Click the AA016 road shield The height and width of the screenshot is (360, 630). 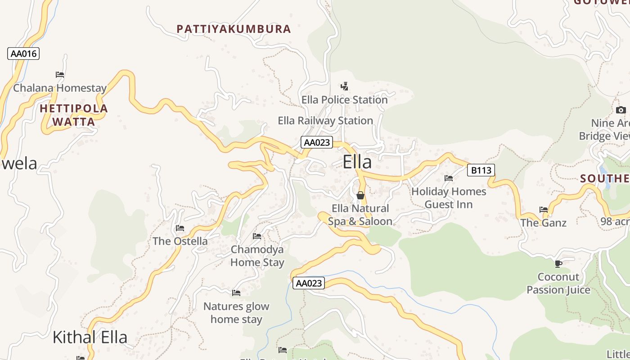(x=23, y=54)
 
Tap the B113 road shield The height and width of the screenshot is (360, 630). (x=481, y=170)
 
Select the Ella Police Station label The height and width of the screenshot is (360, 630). (x=344, y=99)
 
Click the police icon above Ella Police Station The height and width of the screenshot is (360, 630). (x=344, y=86)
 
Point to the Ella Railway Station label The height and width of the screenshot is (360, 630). (x=325, y=121)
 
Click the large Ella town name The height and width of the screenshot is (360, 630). (x=357, y=162)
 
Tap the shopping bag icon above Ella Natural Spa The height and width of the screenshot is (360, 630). (x=360, y=195)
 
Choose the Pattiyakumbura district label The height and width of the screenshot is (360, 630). (x=234, y=29)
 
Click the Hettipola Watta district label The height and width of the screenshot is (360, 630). (x=74, y=115)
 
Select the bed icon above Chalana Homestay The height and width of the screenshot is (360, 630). (x=60, y=75)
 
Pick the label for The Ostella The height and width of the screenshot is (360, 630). (x=180, y=241)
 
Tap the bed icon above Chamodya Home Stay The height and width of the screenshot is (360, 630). (x=257, y=236)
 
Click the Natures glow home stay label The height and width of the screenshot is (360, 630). (x=236, y=313)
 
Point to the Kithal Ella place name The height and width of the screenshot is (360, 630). (x=90, y=337)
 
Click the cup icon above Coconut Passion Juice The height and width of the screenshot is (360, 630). (x=558, y=264)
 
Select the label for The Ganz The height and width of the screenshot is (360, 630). (x=543, y=223)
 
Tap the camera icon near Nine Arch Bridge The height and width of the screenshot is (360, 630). (x=621, y=110)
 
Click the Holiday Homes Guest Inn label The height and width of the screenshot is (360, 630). (x=449, y=198)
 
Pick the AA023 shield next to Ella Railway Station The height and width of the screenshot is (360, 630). (x=317, y=143)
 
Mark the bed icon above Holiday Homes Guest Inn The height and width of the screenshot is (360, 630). (x=449, y=178)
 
